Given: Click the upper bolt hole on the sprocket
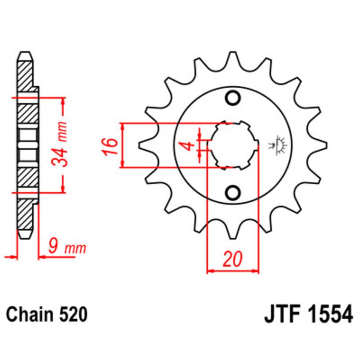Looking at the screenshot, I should (233, 98).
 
